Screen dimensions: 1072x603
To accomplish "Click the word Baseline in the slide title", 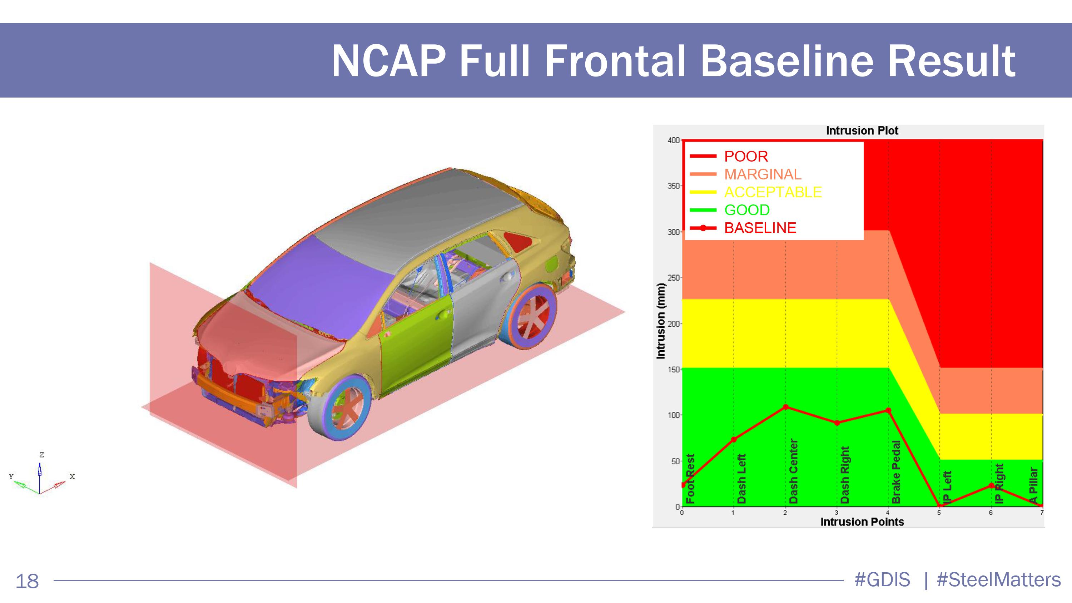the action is pos(786,61).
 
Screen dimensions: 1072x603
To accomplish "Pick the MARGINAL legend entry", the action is pos(745,174).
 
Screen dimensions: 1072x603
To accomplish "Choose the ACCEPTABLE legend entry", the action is pos(756,192).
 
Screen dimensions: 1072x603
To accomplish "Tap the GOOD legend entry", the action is pos(730,210).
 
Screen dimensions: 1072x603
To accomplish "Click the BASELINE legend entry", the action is pos(743,228).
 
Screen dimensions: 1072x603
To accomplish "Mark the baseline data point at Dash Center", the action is pos(786,406).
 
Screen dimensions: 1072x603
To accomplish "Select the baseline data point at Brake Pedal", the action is pos(888,410).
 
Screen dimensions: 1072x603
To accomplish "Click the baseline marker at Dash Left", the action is pos(734,439).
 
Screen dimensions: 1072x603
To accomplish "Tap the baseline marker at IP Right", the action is pos(991,486).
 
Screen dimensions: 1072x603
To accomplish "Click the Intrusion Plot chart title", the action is pos(862,131).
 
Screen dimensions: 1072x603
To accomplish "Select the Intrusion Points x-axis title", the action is pos(862,522).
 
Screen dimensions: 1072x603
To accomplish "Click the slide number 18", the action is pos(27,581).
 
